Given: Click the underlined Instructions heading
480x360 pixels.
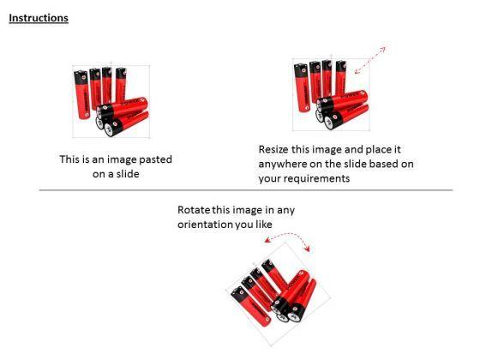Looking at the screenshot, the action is (39, 18).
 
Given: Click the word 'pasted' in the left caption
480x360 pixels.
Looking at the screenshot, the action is (155, 159).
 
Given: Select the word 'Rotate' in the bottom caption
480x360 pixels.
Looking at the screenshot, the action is (194, 210).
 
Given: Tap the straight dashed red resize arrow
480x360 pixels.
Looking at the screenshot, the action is (370, 60).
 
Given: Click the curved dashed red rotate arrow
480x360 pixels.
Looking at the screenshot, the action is (287, 235).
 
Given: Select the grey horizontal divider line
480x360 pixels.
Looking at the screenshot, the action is (246, 190).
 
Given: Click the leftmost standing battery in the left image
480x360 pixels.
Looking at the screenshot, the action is (81, 94).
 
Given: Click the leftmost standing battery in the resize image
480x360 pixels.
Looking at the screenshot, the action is (302, 87).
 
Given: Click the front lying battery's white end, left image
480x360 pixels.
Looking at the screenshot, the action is (110, 129).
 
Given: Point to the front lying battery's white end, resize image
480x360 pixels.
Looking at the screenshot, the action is (329, 123).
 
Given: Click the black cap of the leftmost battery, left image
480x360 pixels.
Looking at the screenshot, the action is (81, 77).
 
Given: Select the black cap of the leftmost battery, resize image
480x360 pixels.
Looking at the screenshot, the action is (301, 70).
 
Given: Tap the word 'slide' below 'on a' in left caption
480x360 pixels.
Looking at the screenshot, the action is (128, 174).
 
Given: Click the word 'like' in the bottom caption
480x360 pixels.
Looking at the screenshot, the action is (264, 225).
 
